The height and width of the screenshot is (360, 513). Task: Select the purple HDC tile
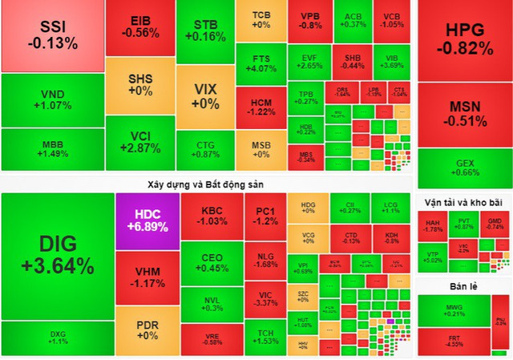point(147,221)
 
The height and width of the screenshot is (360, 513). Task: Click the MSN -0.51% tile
point(468,114)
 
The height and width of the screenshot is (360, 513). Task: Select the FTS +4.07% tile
point(261,63)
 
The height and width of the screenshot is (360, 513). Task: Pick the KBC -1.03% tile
point(212,215)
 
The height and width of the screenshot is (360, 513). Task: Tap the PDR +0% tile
point(147,329)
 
